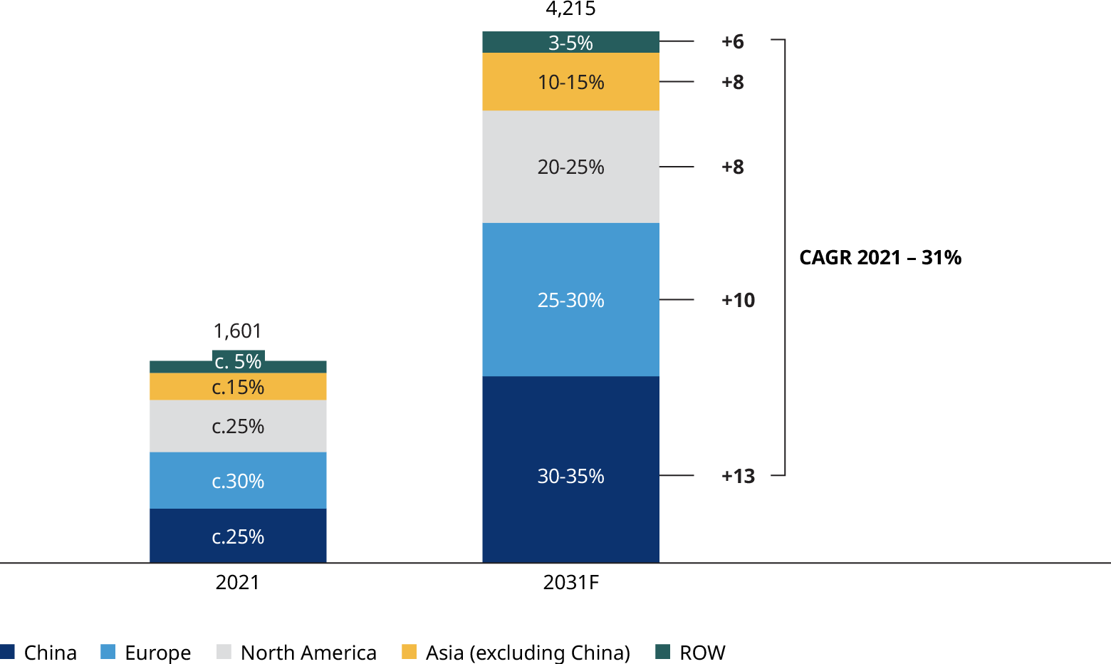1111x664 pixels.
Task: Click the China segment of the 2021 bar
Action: click(238, 536)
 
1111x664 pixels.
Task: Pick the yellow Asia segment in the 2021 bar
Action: click(238, 387)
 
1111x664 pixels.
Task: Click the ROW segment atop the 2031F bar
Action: click(570, 42)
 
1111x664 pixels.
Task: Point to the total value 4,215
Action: click(570, 9)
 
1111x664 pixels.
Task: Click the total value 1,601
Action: click(238, 331)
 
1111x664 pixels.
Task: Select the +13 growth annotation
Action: click(738, 476)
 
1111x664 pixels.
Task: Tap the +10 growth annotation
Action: click(738, 300)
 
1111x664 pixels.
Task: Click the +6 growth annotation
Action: click(732, 42)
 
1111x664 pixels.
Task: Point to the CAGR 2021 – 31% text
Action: click(880, 257)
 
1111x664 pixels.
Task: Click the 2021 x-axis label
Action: click(238, 583)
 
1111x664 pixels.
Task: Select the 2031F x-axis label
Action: click(570, 583)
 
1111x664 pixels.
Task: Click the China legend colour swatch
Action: click(8, 651)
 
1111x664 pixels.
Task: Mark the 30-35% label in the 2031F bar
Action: click(570, 476)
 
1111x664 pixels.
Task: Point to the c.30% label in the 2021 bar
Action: click(238, 482)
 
